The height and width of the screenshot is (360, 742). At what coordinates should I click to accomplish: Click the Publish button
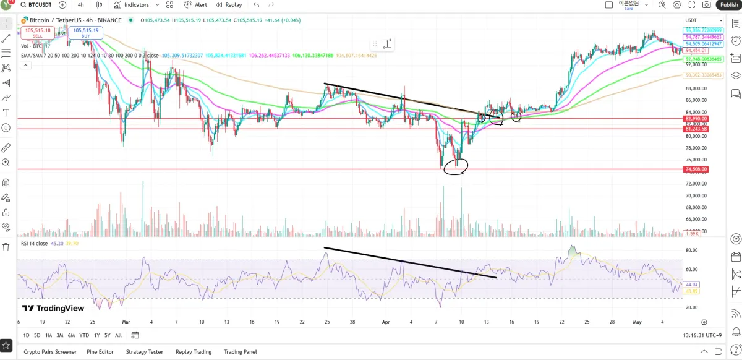729,5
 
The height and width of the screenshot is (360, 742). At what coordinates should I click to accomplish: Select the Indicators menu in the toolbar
131,5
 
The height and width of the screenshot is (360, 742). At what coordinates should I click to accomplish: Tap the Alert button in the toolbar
196,5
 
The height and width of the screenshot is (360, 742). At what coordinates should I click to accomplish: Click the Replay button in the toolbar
229,5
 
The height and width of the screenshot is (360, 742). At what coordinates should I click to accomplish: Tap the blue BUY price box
85,32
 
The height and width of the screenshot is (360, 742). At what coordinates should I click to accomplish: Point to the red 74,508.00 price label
696,169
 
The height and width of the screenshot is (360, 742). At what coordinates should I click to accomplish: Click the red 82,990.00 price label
696,118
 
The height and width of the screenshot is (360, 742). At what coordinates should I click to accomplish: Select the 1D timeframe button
27,335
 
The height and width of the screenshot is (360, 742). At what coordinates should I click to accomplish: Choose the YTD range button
84,335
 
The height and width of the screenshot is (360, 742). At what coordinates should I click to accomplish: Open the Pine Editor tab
101,352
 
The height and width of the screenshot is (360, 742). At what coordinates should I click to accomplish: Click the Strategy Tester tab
145,352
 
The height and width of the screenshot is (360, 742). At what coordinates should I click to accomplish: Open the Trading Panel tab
240,352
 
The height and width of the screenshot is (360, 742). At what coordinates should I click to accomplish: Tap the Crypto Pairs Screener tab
50,352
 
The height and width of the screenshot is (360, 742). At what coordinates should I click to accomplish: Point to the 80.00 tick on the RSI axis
691,251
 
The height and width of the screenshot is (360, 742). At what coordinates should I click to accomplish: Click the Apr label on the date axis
386,322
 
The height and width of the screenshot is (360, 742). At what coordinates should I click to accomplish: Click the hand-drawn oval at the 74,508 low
456,166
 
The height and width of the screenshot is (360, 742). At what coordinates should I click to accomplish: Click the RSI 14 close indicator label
35,244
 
